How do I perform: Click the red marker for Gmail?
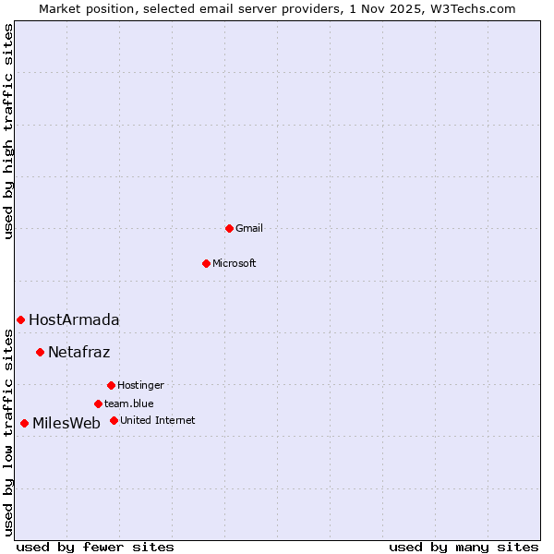click(x=229, y=228)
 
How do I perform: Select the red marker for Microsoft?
click(x=206, y=263)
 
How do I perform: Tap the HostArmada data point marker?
click(x=20, y=319)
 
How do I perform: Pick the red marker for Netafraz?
click(x=40, y=352)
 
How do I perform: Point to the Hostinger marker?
click(x=111, y=385)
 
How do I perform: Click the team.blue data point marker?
click(x=98, y=403)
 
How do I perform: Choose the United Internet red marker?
click(x=114, y=420)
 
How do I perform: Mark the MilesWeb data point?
click(x=24, y=423)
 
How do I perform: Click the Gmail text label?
click(x=249, y=228)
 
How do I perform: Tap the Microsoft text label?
click(x=235, y=263)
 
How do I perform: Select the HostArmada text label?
click(x=74, y=319)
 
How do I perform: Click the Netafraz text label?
click(x=78, y=352)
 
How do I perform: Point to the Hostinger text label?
click(x=140, y=385)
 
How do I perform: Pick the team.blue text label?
click(x=129, y=403)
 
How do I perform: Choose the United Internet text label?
click(x=157, y=420)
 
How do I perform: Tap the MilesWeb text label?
click(x=66, y=423)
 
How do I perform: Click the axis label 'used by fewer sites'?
click(x=95, y=547)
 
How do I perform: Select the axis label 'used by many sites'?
click(x=464, y=547)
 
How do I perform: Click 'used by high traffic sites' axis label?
click(x=8, y=131)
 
